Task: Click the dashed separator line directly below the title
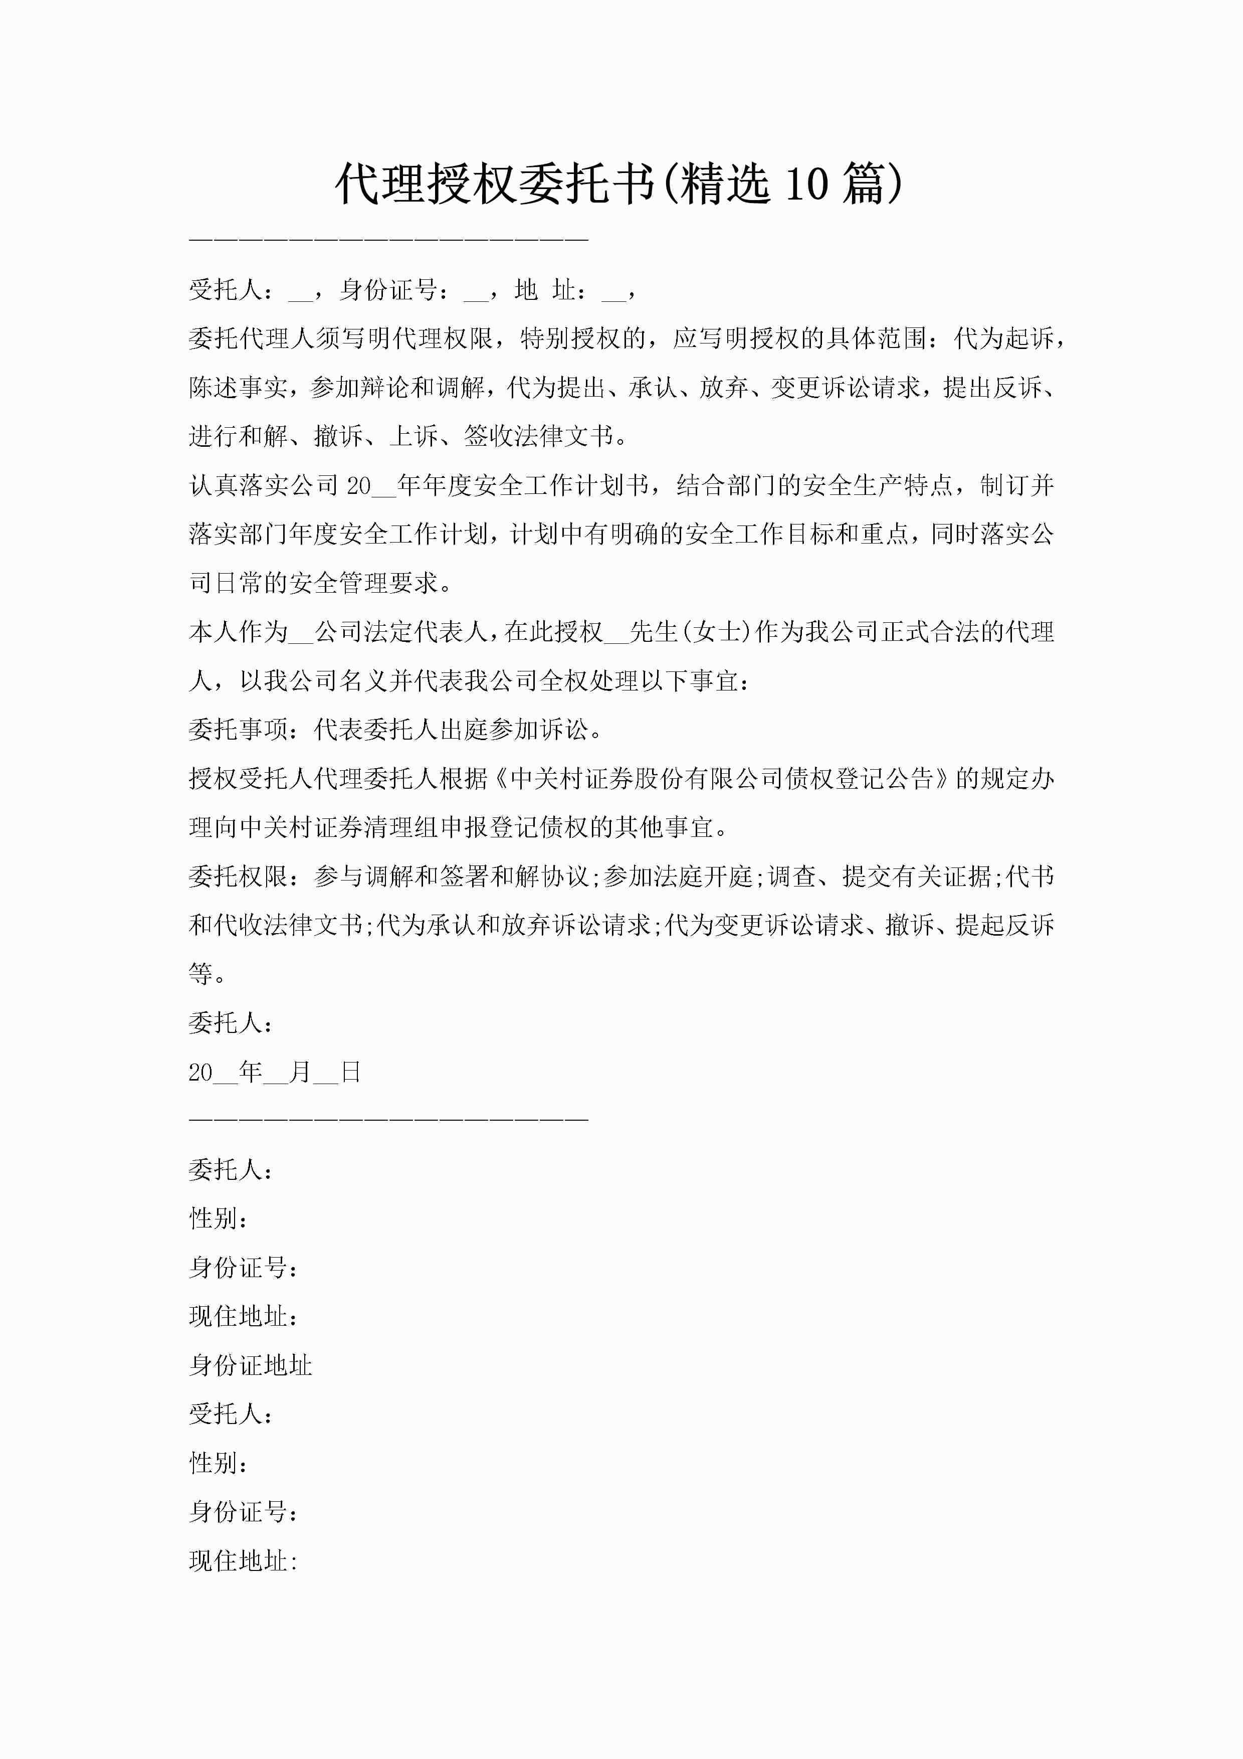click(x=388, y=240)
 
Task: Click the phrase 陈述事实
click(x=238, y=387)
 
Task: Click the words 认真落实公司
click(x=264, y=485)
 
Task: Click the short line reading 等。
click(x=207, y=974)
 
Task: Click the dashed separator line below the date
click(x=388, y=1120)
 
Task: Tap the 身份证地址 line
click(x=251, y=1365)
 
